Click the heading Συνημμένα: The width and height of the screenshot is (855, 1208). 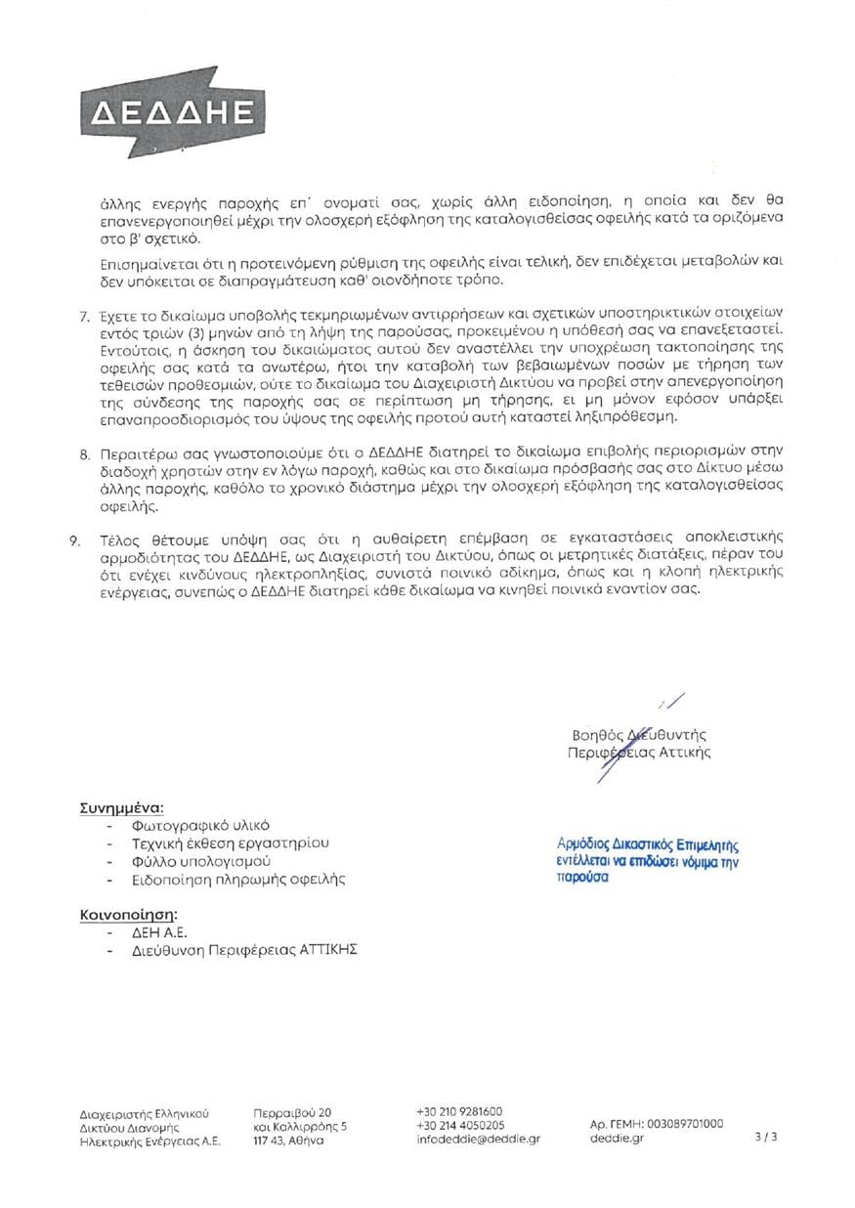pos(121,808)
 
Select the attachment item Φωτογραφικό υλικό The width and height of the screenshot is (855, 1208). pos(200,825)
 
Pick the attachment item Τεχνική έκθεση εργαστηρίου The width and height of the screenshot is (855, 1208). pos(230,842)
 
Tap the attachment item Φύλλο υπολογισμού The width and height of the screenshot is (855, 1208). pos(200,861)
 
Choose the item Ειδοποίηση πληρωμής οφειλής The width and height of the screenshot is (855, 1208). pos(238,879)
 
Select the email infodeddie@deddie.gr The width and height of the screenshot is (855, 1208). pos(478,1139)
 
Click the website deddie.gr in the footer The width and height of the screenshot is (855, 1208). pos(617,1138)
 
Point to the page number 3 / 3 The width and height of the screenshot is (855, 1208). pos(766,1138)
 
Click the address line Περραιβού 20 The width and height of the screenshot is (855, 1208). pos(292,1112)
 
